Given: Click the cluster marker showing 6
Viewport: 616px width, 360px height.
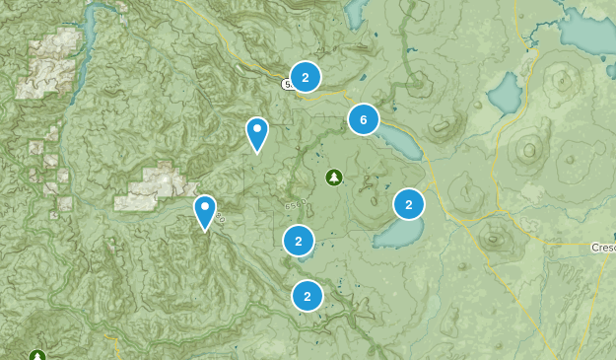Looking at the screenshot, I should [363, 120].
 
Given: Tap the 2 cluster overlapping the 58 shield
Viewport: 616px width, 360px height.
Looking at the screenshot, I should [306, 77].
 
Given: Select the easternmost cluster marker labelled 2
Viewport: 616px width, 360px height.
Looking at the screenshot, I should [408, 204].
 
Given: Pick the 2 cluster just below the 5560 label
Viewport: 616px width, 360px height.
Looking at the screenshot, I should [298, 240].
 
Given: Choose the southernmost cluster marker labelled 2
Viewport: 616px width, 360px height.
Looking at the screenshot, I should [308, 295].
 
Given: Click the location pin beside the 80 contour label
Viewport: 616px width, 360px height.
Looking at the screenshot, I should [205, 211].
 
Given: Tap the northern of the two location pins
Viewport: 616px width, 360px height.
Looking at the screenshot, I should [257, 133].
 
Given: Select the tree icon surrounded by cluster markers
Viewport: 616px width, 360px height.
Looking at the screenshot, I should [333, 177].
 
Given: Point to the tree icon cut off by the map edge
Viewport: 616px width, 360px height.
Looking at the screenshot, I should [37, 355].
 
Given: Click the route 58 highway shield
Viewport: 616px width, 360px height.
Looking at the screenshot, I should [288, 85].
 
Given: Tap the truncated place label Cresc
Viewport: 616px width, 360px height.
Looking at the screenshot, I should [602, 247].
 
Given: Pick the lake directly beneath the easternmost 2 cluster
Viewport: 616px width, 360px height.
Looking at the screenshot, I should [399, 234].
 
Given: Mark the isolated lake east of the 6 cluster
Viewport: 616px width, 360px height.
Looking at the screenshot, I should [504, 94].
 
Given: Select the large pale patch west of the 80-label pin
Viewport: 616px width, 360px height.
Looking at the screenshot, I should [153, 187].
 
